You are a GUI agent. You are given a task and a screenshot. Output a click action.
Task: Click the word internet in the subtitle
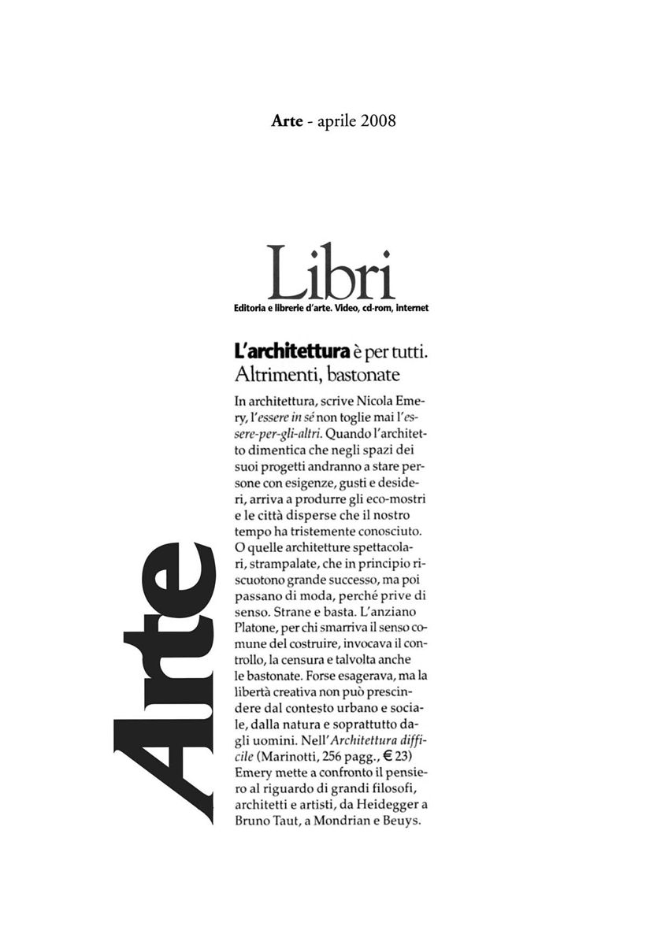coord(407,308)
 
